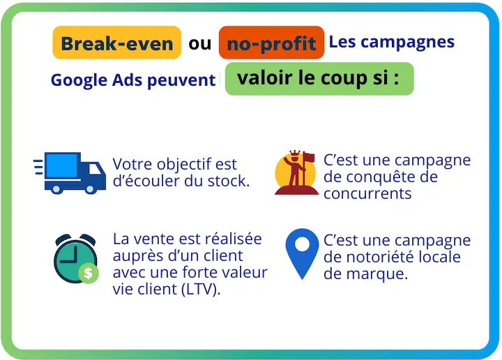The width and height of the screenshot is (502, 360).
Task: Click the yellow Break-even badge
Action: pyautogui.click(x=116, y=43)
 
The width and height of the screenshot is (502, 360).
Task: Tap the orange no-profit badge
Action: pyautogui.click(x=271, y=43)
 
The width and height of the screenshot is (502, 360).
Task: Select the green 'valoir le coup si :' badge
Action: pyautogui.click(x=319, y=78)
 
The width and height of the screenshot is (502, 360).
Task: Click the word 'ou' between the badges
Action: pyautogui.click(x=199, y=43)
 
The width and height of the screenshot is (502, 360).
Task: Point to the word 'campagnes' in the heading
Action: pyautogui.click(x=413, y=41)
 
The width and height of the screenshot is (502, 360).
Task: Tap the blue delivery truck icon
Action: pyautogui.click(x=70, y=172)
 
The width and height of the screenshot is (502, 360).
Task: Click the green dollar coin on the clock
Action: pyautogui.click(x=89, y=273)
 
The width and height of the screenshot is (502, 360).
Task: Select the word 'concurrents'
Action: pyautogui.click(x=367, y=193)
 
